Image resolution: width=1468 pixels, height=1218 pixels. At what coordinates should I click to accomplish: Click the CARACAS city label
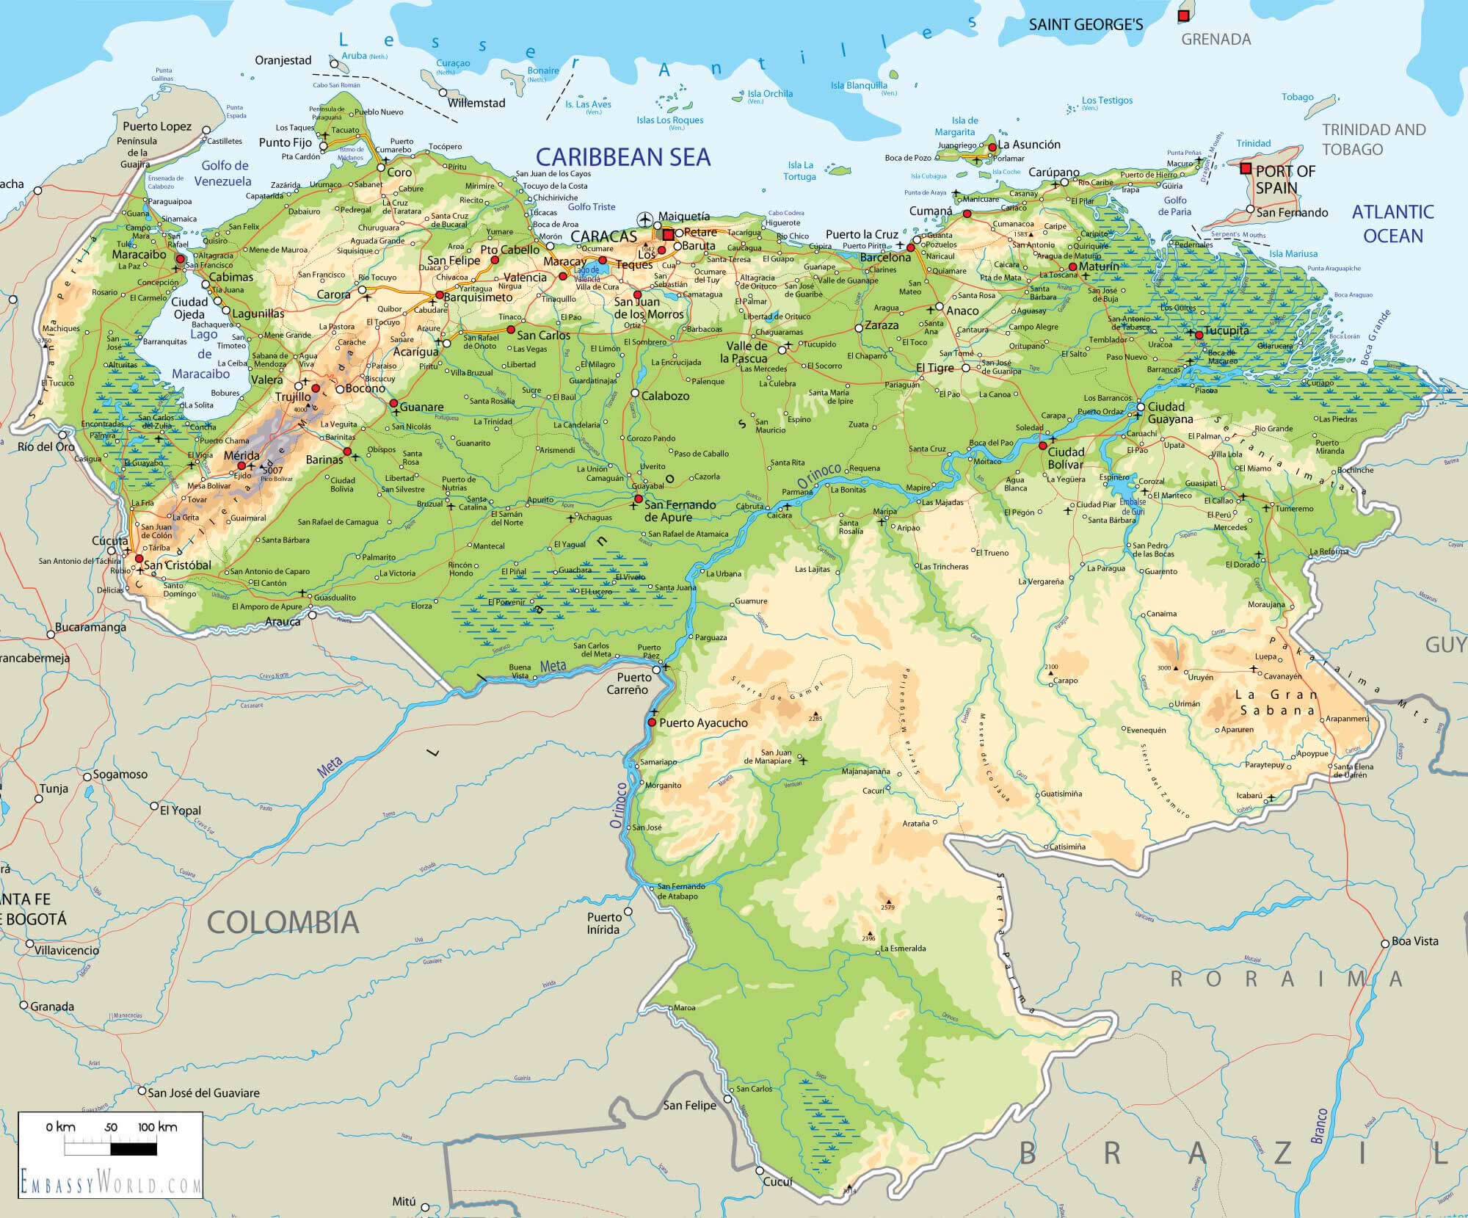(603, 236)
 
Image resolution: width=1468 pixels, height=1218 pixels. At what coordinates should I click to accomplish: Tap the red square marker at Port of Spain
(1246, 168)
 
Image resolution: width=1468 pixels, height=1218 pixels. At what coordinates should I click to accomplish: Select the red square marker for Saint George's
(1182, 15)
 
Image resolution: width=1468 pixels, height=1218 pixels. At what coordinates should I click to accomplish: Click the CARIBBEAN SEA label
(622, 156)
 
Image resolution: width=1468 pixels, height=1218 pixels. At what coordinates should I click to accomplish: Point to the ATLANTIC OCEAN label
(1392, 224)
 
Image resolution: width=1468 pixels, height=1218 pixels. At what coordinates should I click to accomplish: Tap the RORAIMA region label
(1285, 979)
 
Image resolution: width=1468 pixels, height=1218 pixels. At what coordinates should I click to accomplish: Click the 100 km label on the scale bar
(157, 1127)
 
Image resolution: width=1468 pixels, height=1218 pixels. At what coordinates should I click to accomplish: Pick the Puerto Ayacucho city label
(703, 723)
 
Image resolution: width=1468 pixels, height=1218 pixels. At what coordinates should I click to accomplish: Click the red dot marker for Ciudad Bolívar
(1042, 445)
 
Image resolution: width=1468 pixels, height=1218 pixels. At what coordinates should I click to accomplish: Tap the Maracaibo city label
(139, 255)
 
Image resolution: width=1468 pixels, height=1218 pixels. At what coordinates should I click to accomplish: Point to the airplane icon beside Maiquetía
(645, 218)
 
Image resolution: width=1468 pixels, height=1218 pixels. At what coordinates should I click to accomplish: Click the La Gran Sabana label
(1276, 703)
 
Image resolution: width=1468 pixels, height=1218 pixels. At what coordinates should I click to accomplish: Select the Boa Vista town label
(1415, 941)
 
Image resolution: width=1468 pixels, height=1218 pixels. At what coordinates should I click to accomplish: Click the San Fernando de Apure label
(679, 511)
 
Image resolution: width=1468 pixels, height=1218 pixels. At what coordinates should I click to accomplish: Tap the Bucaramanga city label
(90, 628)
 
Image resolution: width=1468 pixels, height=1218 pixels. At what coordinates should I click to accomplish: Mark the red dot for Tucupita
(1199, 335)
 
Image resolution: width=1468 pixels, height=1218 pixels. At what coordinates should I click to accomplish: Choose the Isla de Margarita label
(964, 126)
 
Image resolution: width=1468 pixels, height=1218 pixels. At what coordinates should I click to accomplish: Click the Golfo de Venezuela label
(225, 173)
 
